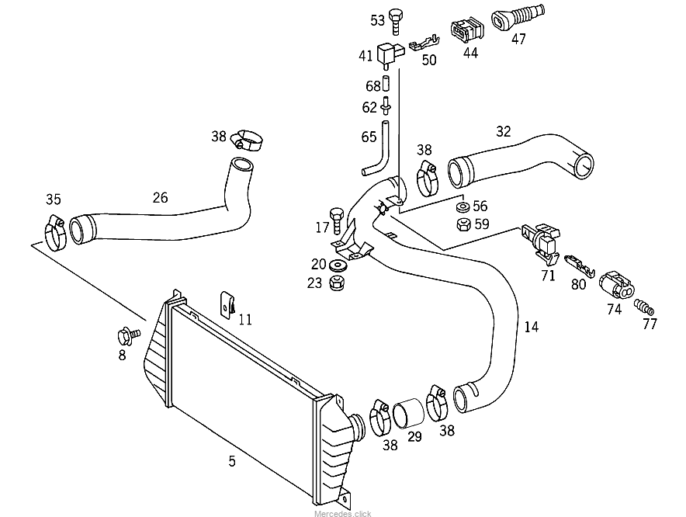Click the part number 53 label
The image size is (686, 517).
coord(377,20)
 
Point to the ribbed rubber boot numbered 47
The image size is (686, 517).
coord(518,19)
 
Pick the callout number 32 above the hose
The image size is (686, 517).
coord(504,132)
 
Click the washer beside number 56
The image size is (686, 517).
coord(460,207)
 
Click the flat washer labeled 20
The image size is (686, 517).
coord(338,265)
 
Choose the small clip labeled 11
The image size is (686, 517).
coord(227,305)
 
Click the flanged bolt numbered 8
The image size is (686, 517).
coord(124,337)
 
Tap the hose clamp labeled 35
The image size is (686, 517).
coord(53,229)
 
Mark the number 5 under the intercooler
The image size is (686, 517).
coord(232,461)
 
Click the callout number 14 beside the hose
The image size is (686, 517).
coord(531,327)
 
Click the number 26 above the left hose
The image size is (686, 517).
coord(160,197)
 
